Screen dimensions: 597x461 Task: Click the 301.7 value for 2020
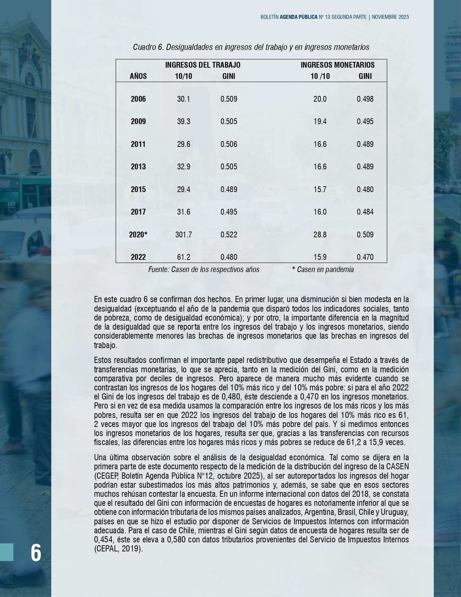[183, 234]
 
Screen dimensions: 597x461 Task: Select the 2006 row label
[138, 99]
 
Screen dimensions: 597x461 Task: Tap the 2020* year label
[138, 234]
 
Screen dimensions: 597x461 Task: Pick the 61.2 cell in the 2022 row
[183, 257]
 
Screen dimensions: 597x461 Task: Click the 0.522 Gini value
[229, 234]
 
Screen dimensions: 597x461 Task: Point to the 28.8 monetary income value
[320, 234]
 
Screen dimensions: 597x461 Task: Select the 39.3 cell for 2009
[183, 122]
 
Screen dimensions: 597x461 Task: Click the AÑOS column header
[138, 76]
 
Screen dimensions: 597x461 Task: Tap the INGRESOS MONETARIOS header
[337, 65]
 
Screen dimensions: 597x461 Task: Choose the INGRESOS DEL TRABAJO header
[202, 65]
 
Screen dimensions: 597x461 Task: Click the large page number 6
[36, 552]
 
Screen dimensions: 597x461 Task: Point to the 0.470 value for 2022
[365, 257]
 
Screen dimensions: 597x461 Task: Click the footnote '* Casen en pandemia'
[323, 270]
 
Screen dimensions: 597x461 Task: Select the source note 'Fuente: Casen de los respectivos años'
[204, 270]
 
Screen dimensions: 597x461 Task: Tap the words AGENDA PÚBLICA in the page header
[298, 17]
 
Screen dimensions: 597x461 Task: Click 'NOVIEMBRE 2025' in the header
[390, 17]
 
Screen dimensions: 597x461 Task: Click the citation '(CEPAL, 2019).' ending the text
[118, 549]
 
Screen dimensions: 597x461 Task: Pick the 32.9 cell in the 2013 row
[183, 167]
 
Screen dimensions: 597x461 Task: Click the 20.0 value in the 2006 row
[320, 99]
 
